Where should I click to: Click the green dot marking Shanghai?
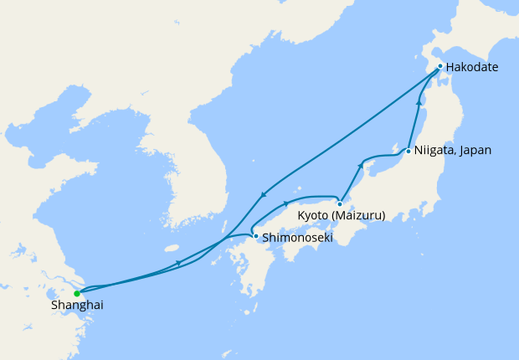(77, 293)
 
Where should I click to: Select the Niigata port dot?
(408, 152)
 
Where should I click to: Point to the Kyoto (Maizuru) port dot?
(340, 203)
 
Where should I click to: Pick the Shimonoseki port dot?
(256, 237)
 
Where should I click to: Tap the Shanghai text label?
(76, 306)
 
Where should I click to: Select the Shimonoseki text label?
(298, 238)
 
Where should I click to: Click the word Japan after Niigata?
(474, 151)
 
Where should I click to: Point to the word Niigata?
(433, 151)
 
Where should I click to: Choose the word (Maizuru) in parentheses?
(359, 216)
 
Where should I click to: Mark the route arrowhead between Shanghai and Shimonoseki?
(177, 264)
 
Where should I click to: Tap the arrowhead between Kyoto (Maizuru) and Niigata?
(361, 165)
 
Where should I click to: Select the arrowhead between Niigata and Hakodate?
(419, 103)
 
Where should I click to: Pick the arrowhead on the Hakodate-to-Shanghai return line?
(263, 195)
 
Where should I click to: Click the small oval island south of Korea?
(172, 248)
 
